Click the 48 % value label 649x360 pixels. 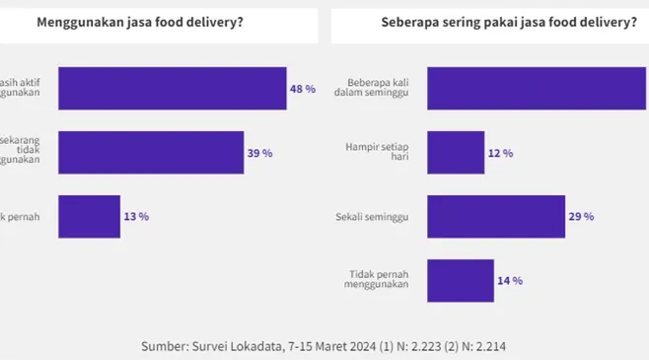tap(303, 89)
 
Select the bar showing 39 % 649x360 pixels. tap(151, 153)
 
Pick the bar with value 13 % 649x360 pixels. tap(89, 216)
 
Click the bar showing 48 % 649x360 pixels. tap(173, 89)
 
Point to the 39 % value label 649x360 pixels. tap(259, 153)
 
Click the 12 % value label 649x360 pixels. tap(501, 153)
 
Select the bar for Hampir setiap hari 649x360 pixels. tap(456, 153)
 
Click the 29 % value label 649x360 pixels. tap(582, 216)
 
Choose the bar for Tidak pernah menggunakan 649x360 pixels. tap(460, 280)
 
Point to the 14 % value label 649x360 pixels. tap(509, 280)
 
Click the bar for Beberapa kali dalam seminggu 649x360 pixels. tap(538, 89)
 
